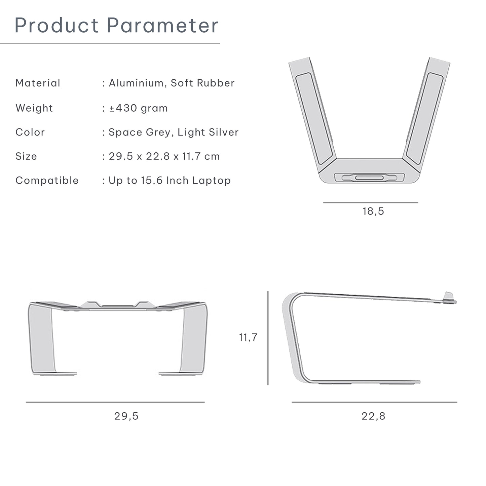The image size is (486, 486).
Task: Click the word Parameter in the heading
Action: [163, 25]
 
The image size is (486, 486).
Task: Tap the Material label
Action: [38, 83]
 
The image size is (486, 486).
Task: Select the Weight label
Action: [34, 108]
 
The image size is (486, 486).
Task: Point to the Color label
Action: [30, 132]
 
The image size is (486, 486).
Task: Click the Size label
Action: [26, 156]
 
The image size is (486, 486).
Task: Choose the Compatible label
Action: [47, 181]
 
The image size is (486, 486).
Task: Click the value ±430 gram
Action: [139, 108]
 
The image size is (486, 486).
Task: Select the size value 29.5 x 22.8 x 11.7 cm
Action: [164, 156]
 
